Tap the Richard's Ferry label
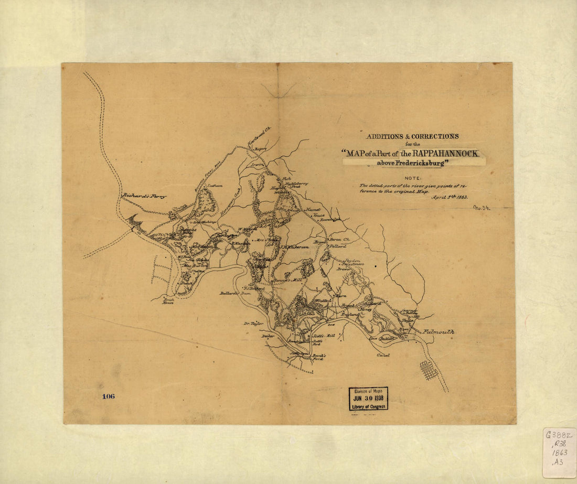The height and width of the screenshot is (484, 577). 144,196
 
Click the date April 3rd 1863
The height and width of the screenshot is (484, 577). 449,198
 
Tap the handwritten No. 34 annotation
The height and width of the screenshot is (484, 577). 481,208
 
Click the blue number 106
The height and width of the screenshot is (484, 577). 108,396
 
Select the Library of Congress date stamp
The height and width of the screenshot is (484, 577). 368,399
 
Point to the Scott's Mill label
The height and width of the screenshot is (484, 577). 323,335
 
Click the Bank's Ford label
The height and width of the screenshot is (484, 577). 319,358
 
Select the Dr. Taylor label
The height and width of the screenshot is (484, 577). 252,324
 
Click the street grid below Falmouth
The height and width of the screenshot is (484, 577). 428,370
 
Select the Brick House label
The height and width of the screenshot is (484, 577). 168,300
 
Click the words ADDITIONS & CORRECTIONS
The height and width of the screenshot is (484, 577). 412,136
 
